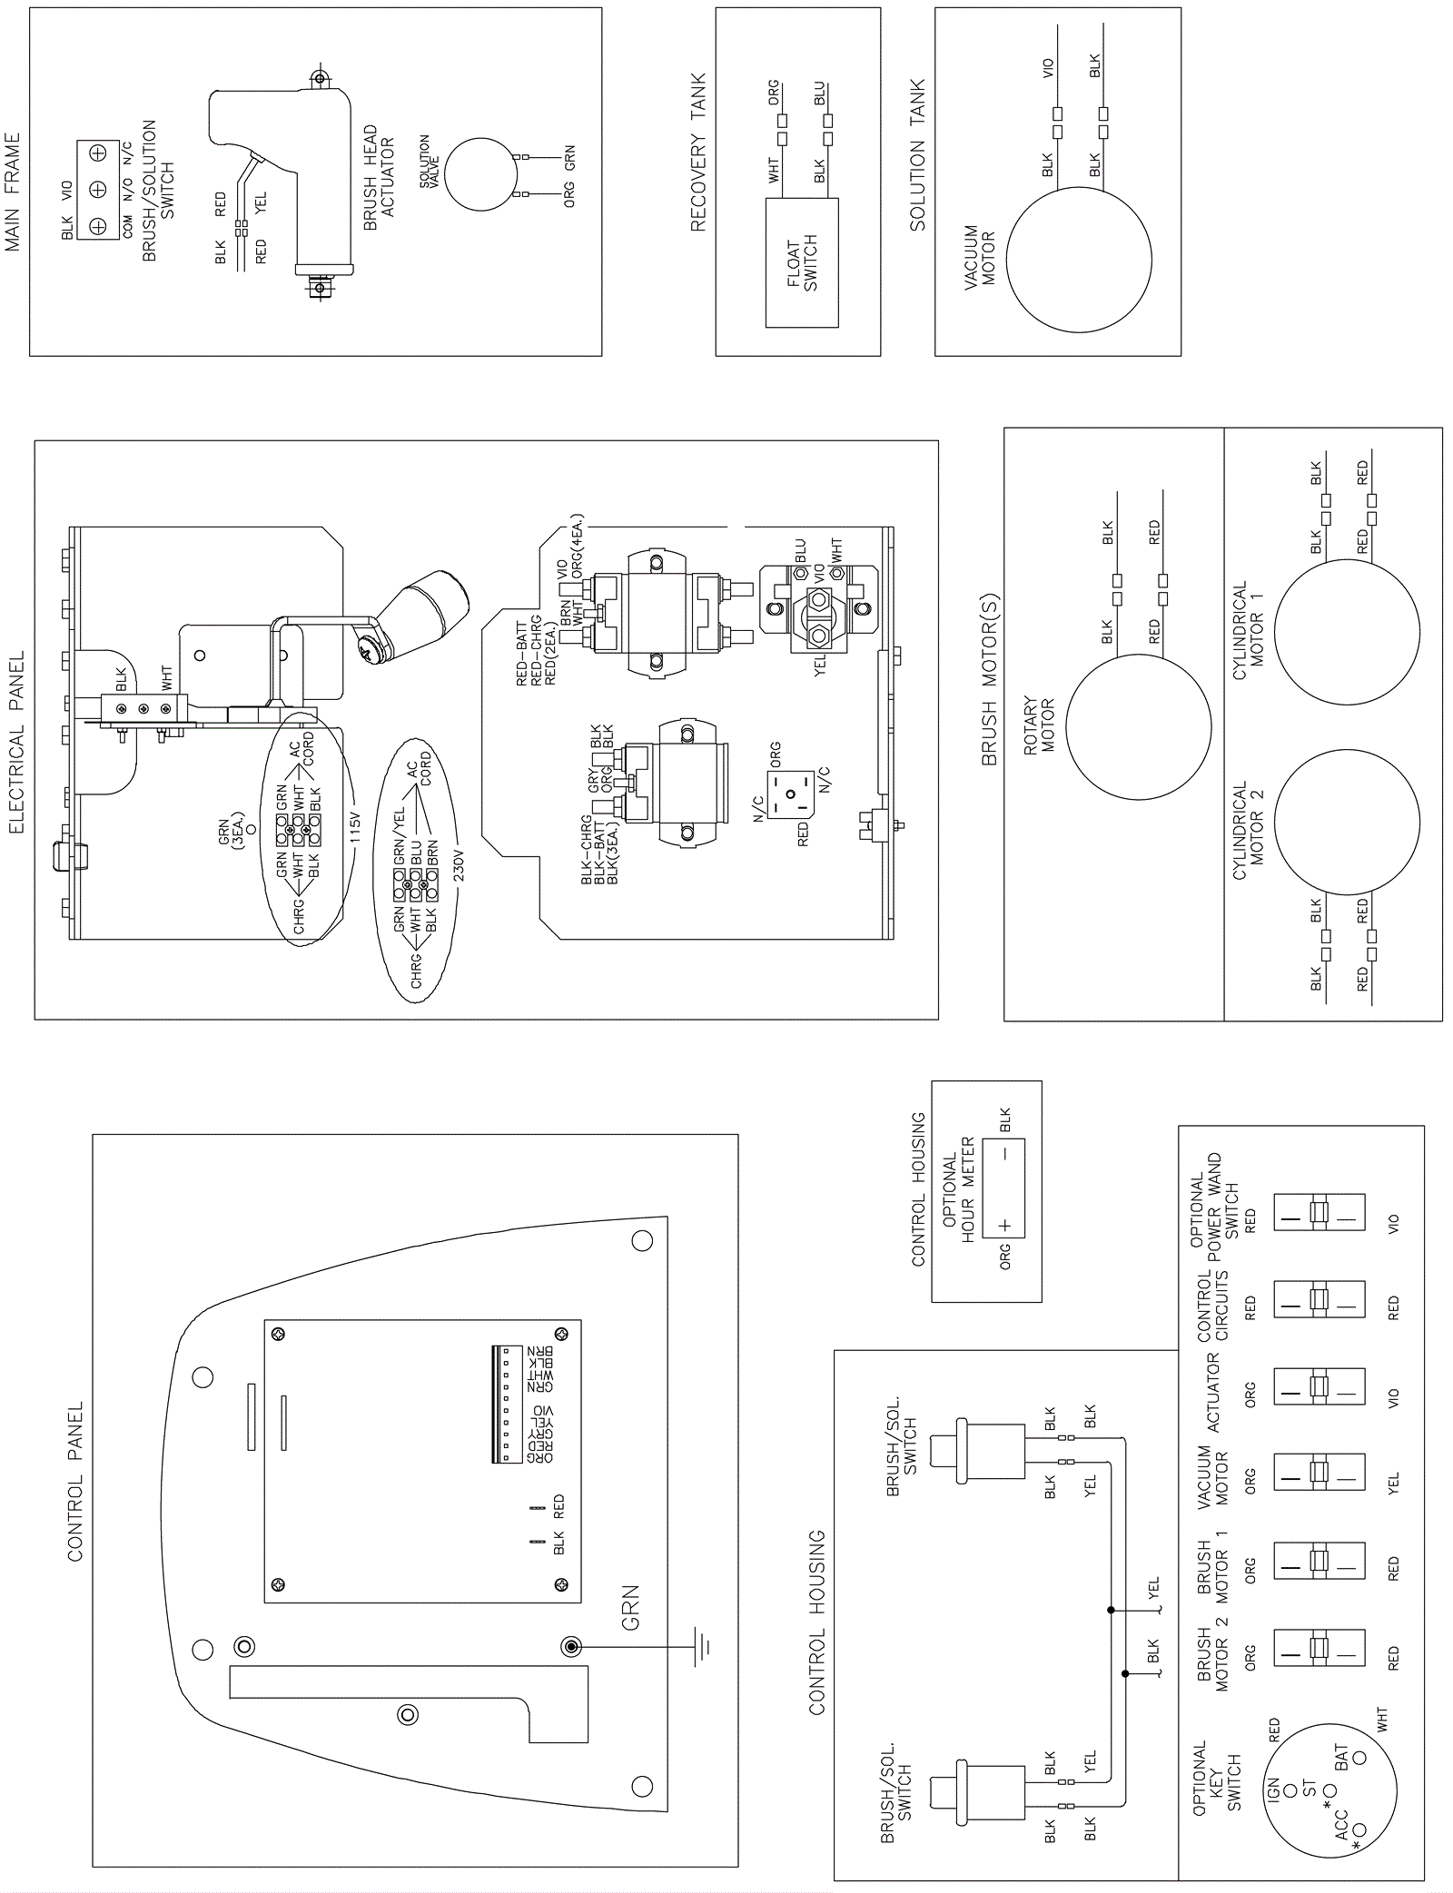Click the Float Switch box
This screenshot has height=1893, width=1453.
click(802, 263)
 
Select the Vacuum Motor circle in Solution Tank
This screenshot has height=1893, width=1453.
click(1078, 260)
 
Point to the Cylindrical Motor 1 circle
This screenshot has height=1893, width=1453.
click(1346, 631)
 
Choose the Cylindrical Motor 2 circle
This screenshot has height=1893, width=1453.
click(1346, 822)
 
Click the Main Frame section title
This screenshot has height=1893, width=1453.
click(13, 192)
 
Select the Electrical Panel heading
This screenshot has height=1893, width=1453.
click(17, 742)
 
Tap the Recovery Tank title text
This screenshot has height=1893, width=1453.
click(698, 153)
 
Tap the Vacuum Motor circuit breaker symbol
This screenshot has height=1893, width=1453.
click(1320, 1481)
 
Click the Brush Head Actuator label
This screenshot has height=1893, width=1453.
click(379, 177)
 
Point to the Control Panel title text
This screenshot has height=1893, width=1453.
click(75, 1481)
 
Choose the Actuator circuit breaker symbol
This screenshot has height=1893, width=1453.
click(1320, 1395)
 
